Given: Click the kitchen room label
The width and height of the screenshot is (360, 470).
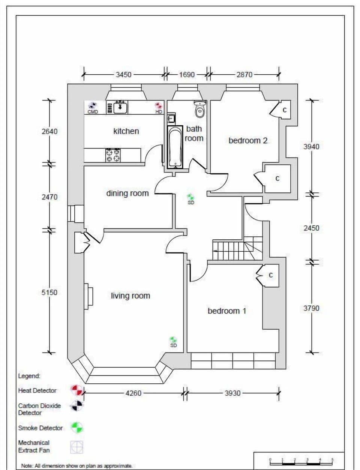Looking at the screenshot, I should click(126, 131).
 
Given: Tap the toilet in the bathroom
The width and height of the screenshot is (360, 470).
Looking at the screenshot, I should click(200, 109).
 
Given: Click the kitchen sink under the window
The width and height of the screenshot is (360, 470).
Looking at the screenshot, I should click(120, 107).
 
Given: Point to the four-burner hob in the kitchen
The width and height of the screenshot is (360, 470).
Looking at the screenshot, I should click(113, 155).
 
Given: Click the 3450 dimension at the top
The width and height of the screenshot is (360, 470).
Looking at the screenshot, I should click(123, 75).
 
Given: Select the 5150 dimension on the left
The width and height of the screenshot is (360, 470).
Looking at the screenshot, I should click(49, 292).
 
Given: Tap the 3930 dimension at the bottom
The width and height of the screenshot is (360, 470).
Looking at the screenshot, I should click(232, 393).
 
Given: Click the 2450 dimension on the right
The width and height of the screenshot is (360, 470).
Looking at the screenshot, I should click(311, 228).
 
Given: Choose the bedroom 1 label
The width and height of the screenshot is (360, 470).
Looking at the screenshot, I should click(227, 311).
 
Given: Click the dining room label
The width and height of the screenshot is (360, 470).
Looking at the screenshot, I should click(127, 194).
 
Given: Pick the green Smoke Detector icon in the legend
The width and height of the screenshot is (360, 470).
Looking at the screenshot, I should click(77, 428).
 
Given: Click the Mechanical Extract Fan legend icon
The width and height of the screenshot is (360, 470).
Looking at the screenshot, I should click(77, 447).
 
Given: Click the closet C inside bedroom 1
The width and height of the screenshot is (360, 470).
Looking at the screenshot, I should click(270, 276).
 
